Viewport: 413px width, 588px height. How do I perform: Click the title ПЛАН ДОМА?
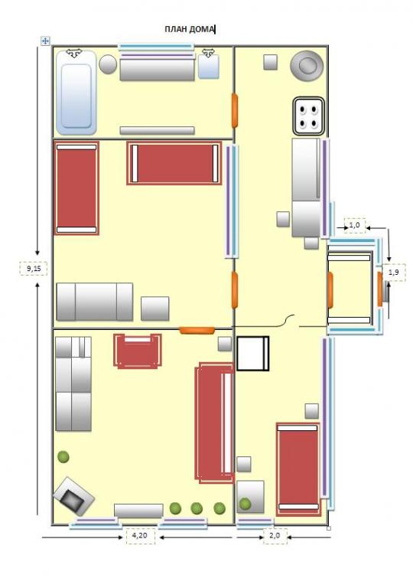(189, 29)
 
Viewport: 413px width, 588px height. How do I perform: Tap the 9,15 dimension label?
(34, 269)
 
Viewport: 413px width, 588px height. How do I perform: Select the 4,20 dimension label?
(140, 535)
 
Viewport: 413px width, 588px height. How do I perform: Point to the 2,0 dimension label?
(275, 535)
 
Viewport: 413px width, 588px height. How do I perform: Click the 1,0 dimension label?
(354, 225)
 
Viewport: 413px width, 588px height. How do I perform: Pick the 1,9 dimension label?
(394, 273)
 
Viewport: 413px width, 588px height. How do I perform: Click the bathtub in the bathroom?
(76, 93)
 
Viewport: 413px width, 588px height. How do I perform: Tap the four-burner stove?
(308, 116)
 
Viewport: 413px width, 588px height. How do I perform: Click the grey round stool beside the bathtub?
(108, 64)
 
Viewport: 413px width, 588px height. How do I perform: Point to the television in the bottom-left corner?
(74, 496)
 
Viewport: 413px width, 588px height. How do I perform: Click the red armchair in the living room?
(138, 351)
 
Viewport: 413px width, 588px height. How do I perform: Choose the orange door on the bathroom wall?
(235, 110)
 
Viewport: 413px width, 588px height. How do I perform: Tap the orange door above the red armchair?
(197, 331)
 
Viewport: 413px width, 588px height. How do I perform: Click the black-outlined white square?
(253, 354)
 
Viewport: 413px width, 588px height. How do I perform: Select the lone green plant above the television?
(63, 457)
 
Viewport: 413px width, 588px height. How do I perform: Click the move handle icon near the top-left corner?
(45, 41)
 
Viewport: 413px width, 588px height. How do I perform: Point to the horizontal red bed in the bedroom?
(174, 163)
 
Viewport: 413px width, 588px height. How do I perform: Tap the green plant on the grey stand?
(245, 504)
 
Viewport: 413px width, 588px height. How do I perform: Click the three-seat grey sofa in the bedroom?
(94, 302)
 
